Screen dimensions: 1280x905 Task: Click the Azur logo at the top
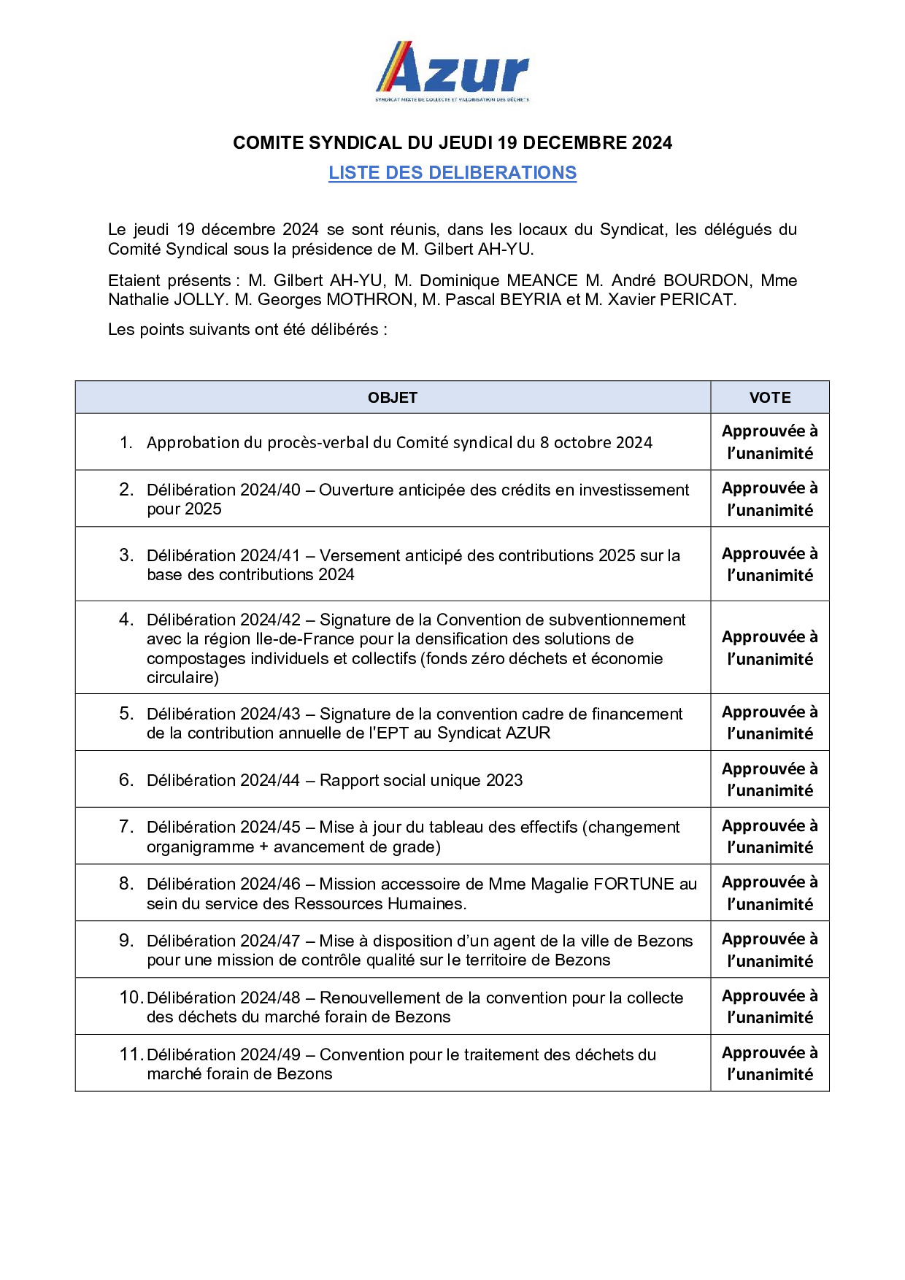452,71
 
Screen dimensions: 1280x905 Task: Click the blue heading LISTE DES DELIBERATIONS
452,173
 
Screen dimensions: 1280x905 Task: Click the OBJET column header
393,398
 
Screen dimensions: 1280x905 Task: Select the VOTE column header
769,398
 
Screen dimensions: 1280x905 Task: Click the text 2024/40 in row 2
270,490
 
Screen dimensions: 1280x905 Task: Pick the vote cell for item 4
769,648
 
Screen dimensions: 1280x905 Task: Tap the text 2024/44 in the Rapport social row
270,781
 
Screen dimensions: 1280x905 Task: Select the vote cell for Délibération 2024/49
769,1063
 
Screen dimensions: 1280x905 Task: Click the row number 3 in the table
126,555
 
